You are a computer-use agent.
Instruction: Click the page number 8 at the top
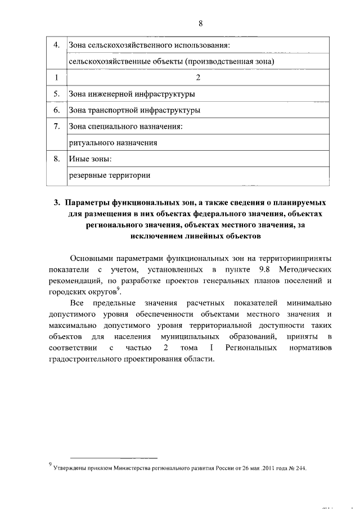200,23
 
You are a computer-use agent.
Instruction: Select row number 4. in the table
56,44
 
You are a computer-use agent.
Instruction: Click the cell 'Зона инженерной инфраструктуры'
132,94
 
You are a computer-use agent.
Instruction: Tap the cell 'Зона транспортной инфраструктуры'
134,110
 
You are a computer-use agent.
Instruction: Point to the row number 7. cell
56,127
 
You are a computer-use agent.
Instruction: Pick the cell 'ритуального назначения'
112,143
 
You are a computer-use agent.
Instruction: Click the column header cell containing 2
197,77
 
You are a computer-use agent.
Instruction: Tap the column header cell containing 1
56,77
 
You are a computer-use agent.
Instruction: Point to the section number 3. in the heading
57,202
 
